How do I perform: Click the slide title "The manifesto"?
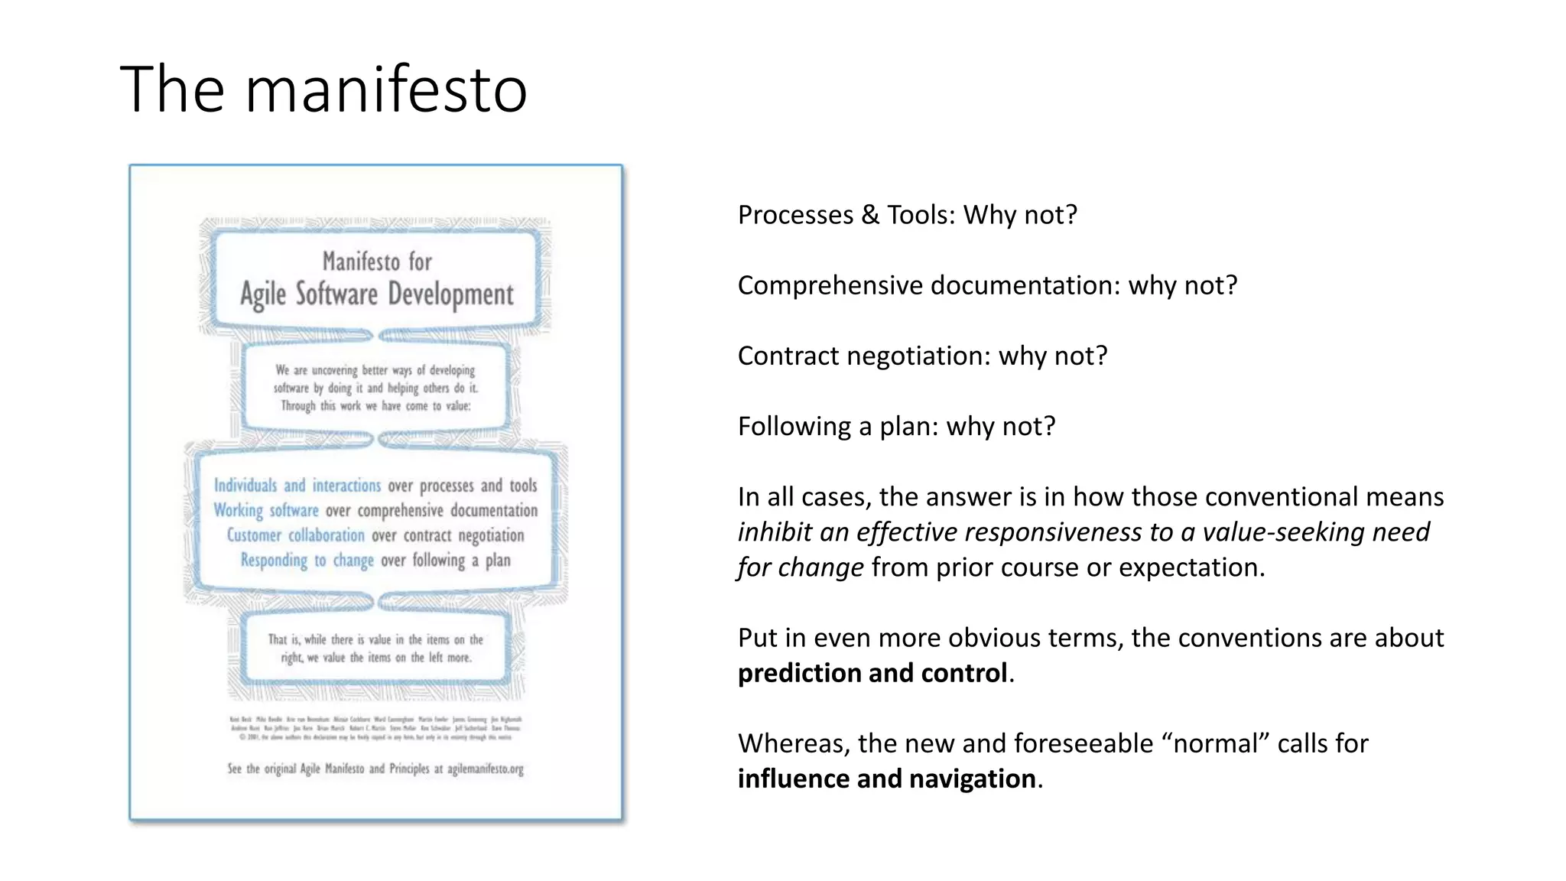point(323,89)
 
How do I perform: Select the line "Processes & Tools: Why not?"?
point(907,215)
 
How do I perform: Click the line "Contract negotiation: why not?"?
point(922,356)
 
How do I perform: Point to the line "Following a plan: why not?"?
point(896,427)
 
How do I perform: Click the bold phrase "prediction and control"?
point(872,673)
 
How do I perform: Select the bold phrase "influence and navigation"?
point(887,779)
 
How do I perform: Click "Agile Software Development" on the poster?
point(377,295)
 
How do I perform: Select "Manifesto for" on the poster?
point(377,262)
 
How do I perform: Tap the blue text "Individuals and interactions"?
point(297,486)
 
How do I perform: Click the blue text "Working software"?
point(266,510)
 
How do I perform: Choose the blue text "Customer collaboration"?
point(296,535)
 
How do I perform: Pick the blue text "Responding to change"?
point(307,561)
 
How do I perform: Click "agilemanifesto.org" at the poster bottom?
point(486,769)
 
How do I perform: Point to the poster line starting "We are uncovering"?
point(375,370)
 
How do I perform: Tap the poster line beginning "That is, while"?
point(375,639)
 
